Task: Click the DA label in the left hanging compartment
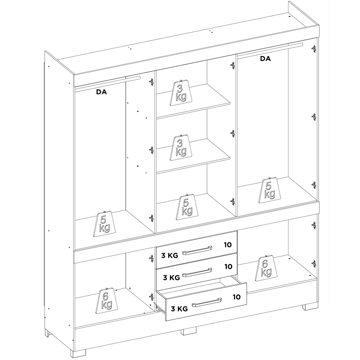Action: point(102,92)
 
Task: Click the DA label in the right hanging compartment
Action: point(265,59)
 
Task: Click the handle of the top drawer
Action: point(197,250)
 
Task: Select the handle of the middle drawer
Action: point(197,272)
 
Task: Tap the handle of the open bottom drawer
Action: point(207,302)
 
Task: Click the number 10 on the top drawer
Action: point(228,245)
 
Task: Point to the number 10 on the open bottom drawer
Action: point(237,297)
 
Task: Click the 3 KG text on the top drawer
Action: point(170,256)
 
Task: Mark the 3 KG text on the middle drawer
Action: point(171,278)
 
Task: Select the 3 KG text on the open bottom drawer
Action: point(179,309)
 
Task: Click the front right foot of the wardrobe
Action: point(311,307)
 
